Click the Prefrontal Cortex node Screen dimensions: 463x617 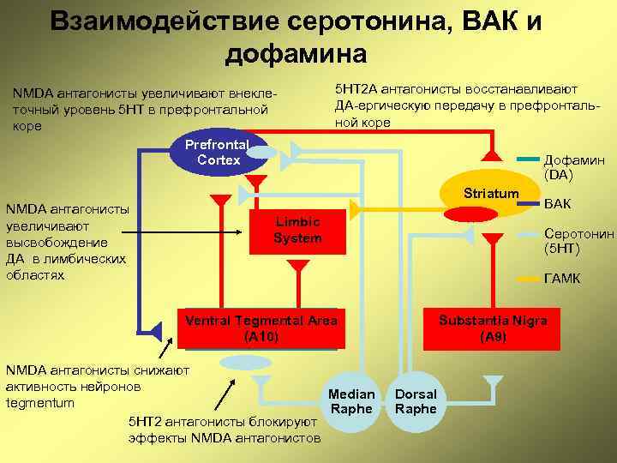(219, 153)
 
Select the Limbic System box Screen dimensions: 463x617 (297, 230)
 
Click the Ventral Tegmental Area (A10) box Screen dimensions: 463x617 (261, 328)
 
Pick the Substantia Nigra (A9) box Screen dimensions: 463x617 (493, 328)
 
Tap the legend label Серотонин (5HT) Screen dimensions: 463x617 (579, 241)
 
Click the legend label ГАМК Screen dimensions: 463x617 (562, 279)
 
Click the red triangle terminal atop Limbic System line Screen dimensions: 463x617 (220, 201)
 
